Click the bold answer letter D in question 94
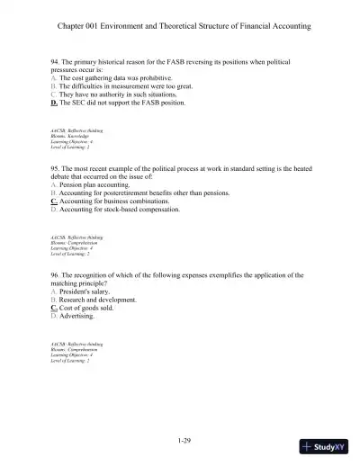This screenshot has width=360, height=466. click(x=54, y=103)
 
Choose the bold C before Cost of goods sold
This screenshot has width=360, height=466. click(x=54, y=308)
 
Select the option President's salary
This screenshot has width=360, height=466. click(x=87, y=291)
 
